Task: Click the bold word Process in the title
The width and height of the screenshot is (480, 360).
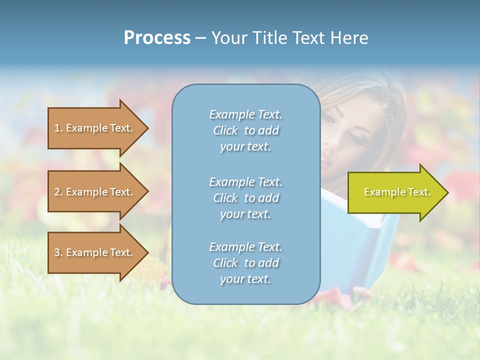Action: point(157,38)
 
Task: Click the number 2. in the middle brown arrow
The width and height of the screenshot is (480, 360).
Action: point(58,192)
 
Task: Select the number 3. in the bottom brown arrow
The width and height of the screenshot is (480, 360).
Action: point(58,252)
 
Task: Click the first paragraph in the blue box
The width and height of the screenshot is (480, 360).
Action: point(245,130)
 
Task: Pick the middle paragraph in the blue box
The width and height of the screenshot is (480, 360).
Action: point(245,198)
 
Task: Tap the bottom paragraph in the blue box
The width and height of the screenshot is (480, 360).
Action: point(245,263)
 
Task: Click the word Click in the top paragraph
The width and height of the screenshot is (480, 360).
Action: point(225,131)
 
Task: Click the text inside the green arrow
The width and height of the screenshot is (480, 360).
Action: point(397,192)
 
